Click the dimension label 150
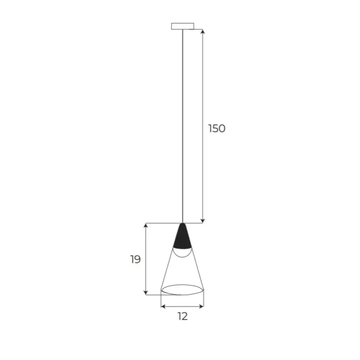click(217, 128)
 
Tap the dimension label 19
click(135, 259)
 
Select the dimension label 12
click(182, 316)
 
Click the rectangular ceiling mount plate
click(182, 26)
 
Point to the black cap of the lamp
click(182, 238)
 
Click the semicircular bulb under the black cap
click(182, 253)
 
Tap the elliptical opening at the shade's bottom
click(182, 290)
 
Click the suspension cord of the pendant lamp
click(182, 120)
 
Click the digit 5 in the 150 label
click(216, 128)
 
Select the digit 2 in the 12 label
click(185, 316)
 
